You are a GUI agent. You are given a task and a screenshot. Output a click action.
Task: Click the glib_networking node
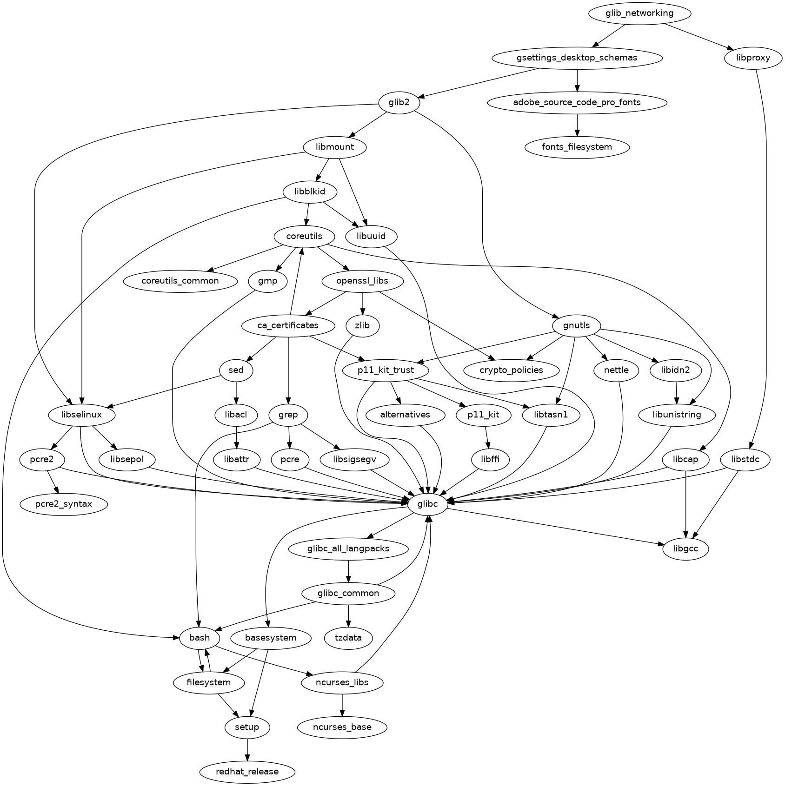639,13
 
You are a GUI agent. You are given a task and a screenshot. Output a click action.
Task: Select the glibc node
428,504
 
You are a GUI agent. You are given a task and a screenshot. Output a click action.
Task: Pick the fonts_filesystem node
577,147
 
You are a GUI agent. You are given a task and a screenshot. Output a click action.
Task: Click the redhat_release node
247,772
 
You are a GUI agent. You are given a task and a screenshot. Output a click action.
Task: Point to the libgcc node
685,549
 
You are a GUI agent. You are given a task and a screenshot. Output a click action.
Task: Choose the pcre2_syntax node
64,504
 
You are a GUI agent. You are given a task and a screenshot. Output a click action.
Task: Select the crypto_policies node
511,370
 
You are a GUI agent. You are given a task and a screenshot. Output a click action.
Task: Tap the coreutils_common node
180,281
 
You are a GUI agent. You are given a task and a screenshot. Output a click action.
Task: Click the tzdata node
348,638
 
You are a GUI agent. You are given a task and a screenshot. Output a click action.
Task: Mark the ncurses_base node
342,727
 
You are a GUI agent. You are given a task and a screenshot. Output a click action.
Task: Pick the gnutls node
576,326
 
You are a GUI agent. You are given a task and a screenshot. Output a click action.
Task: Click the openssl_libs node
362,281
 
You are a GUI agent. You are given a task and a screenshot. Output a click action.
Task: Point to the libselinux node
81,415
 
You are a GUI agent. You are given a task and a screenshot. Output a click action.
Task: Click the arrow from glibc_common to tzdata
348,615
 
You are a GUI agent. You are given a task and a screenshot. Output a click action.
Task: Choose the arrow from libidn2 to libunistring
677,393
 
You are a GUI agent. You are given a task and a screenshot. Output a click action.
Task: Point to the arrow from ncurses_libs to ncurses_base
342,705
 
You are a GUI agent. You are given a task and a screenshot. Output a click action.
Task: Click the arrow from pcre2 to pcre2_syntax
53,482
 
